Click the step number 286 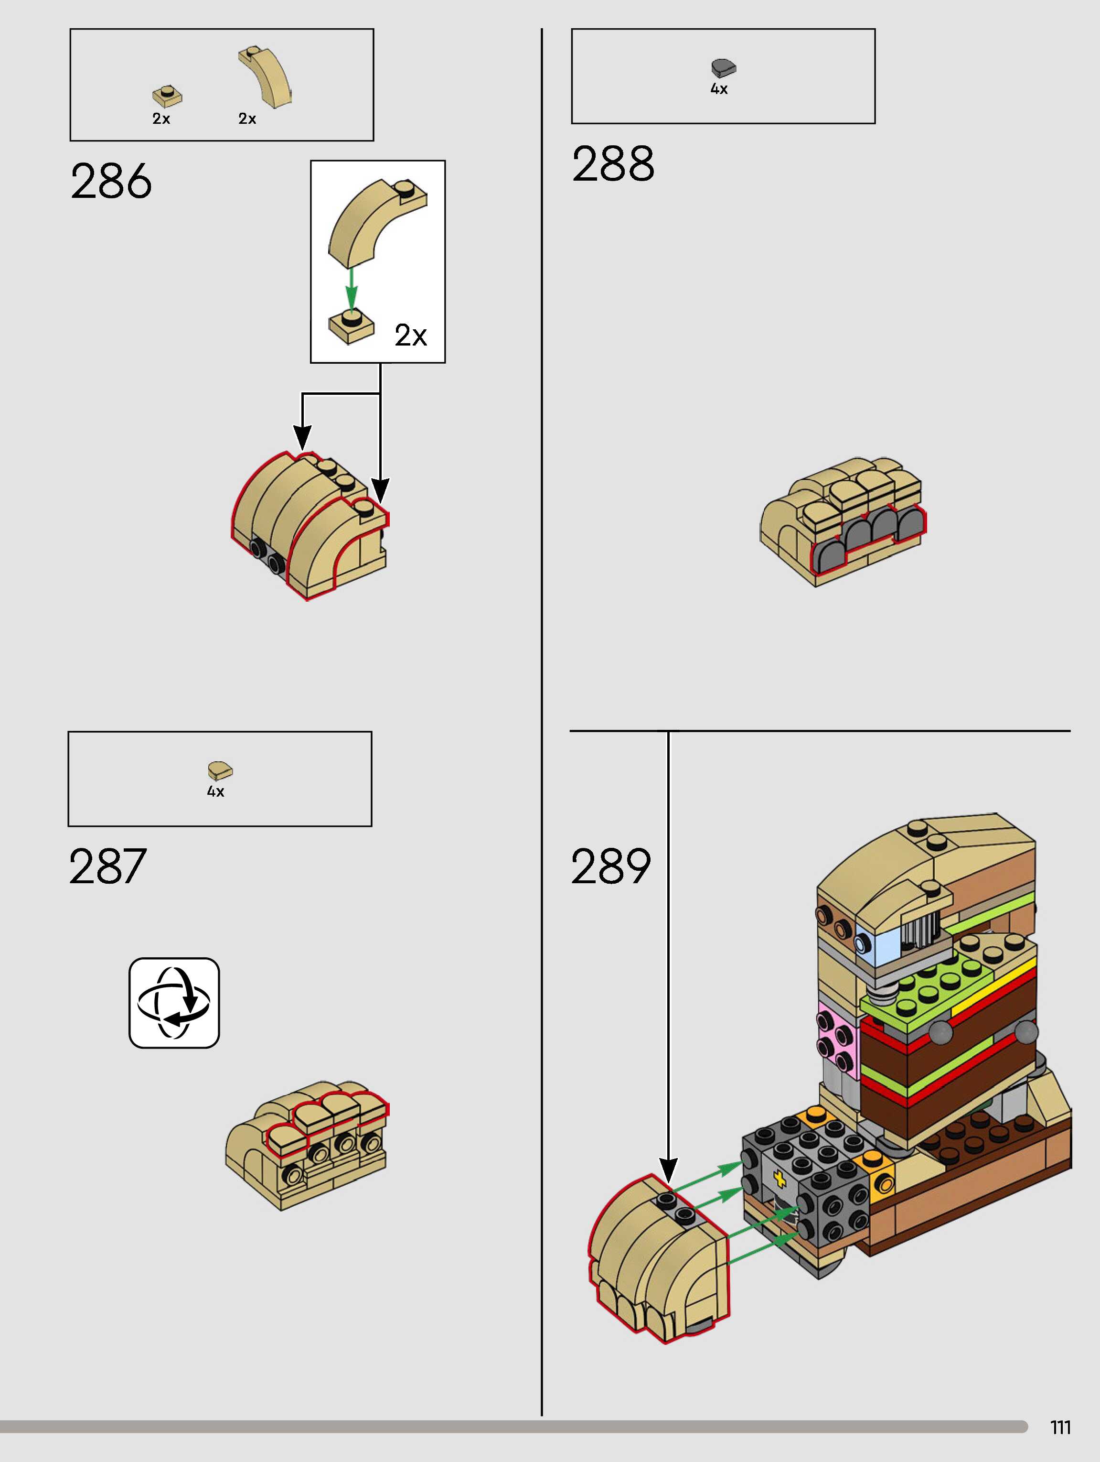click(111, 181)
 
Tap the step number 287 click(107, 866)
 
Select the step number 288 click(613, 164)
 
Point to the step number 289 click(610, 866)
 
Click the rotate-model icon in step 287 click(174, 1003)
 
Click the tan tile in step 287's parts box click(220, 770)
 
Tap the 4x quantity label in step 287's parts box click(215, 791)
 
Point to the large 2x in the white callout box click(410, 335)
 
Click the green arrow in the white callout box click(352, 288)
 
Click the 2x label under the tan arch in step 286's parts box click(247, 119)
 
